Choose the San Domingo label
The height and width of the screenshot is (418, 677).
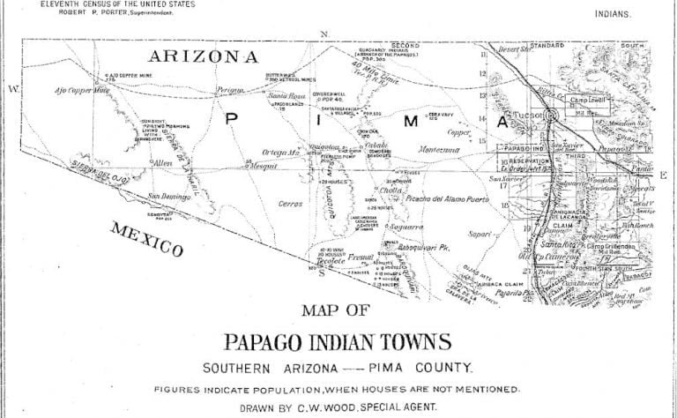pyautogui.click(x=168, y=196)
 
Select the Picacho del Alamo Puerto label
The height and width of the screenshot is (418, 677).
pyautogui.click(x=447, y=201)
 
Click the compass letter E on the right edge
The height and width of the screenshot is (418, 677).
pyautogui.click(x=663, y=175)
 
